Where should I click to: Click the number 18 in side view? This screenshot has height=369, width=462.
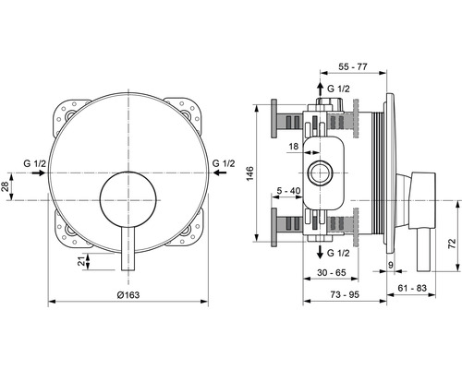[x=294, y=147]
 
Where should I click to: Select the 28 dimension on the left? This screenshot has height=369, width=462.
[x=6, y=187]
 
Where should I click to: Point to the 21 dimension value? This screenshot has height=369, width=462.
[x=82, y=263]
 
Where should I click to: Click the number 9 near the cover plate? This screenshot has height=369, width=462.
[x=391, y=266]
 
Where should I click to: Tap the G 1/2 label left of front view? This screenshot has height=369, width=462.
[x=36, y=163]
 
